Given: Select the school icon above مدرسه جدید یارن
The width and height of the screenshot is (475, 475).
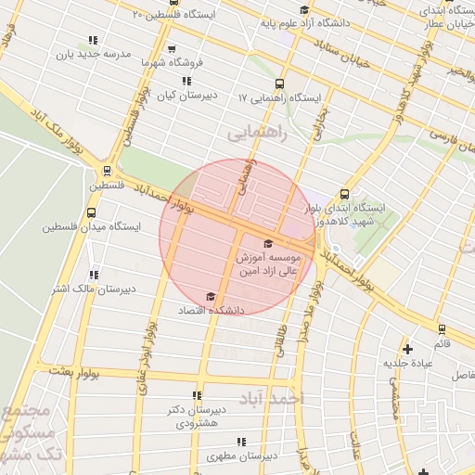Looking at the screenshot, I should point(92,40).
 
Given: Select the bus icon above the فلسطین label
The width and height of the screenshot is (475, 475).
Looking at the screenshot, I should point(109,171).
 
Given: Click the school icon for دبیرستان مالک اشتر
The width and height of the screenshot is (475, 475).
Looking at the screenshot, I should point(93,275).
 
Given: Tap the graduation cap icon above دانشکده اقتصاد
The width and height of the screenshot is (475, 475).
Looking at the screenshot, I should point(211,296).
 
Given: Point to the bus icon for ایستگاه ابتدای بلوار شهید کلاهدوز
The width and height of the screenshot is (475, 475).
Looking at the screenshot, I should point(345,194).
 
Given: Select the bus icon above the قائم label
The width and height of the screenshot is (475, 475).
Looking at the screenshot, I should point(441,328).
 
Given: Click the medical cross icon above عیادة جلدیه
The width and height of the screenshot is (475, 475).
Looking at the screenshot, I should point(407,349).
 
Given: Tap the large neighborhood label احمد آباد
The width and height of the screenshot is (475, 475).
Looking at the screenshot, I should point(271,399).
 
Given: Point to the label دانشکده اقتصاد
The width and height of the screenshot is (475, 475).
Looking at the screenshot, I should point(211,311).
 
